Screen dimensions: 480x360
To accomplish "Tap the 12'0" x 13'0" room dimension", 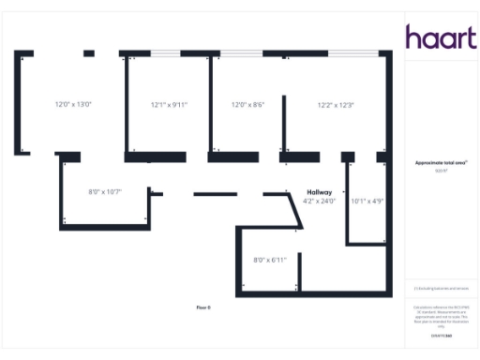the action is (x=73, y=104).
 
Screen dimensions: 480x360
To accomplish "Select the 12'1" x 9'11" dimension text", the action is (x=169, y=104).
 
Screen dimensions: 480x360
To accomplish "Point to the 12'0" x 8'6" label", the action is (x=248, y=104).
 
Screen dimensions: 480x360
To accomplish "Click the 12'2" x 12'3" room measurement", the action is (x=335, y=104).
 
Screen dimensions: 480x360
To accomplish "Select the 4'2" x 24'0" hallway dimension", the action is (x=320, y=201).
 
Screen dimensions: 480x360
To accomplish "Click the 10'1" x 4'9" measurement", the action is (x=367, y=200).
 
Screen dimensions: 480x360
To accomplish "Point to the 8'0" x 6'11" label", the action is (x=269, y=259).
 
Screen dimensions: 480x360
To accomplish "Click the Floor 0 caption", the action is (x=203, y=307).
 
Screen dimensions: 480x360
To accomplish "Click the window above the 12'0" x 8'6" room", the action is (x=235, y=53).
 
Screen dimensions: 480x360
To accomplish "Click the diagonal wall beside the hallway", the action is (x=294, y=210).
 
